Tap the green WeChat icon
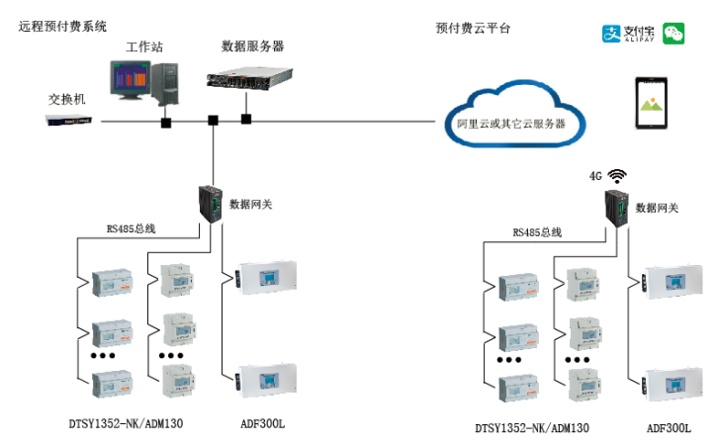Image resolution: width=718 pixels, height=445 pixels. [x=674, y=34]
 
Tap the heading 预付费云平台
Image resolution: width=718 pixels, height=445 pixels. [x=473, y=28]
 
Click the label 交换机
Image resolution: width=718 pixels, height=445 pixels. [x=67, y=100]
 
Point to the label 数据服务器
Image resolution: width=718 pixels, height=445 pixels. [x=253, y=45]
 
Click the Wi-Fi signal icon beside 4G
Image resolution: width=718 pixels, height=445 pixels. [x=618, y=175]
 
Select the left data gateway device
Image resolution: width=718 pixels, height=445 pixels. [x=210, y=203]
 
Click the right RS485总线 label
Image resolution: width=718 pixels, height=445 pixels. [x=537, y=232]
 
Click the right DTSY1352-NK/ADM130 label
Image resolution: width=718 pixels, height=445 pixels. [x=532, y=428]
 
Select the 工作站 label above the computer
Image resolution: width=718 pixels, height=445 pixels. [x=143, y=47]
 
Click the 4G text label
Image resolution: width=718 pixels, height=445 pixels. [x=595, y=176]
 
